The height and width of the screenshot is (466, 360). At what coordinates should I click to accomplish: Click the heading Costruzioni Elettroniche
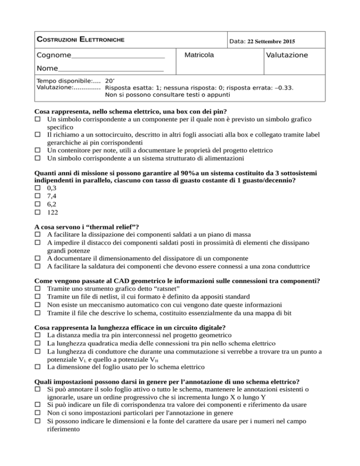[80, 39]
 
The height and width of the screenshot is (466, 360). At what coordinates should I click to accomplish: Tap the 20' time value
[110, 80]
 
